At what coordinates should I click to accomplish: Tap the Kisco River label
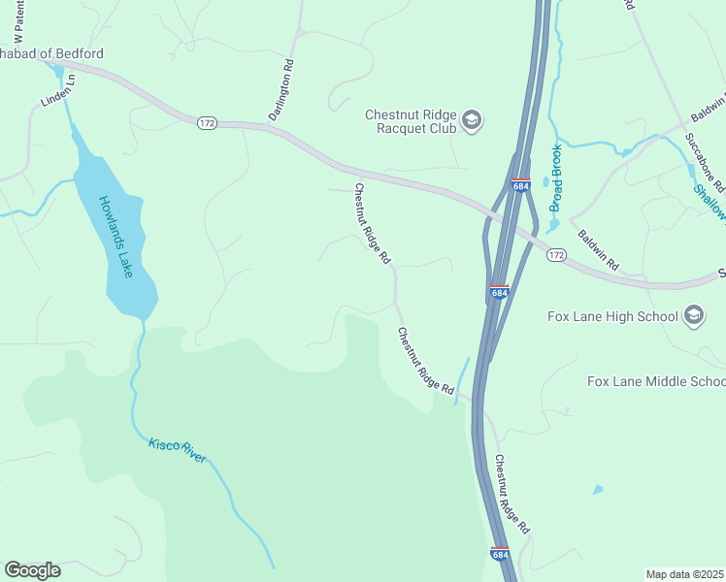pos(177,450)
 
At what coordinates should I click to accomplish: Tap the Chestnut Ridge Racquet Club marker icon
pos(473,120)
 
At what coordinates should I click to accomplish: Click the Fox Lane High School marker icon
pos(693,314)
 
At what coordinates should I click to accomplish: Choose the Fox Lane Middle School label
pos(656,381)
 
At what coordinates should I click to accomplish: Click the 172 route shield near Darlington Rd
pos(206,123)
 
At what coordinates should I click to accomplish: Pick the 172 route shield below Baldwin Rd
pos(555,254)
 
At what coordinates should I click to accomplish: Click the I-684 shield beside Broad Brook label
pos(521,184)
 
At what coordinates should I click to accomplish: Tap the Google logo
pos(32,570)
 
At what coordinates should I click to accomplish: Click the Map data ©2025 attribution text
pos(684,574)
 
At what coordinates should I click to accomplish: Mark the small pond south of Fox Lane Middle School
pos(597,490)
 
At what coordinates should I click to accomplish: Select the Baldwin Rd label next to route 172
pos(598,250)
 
